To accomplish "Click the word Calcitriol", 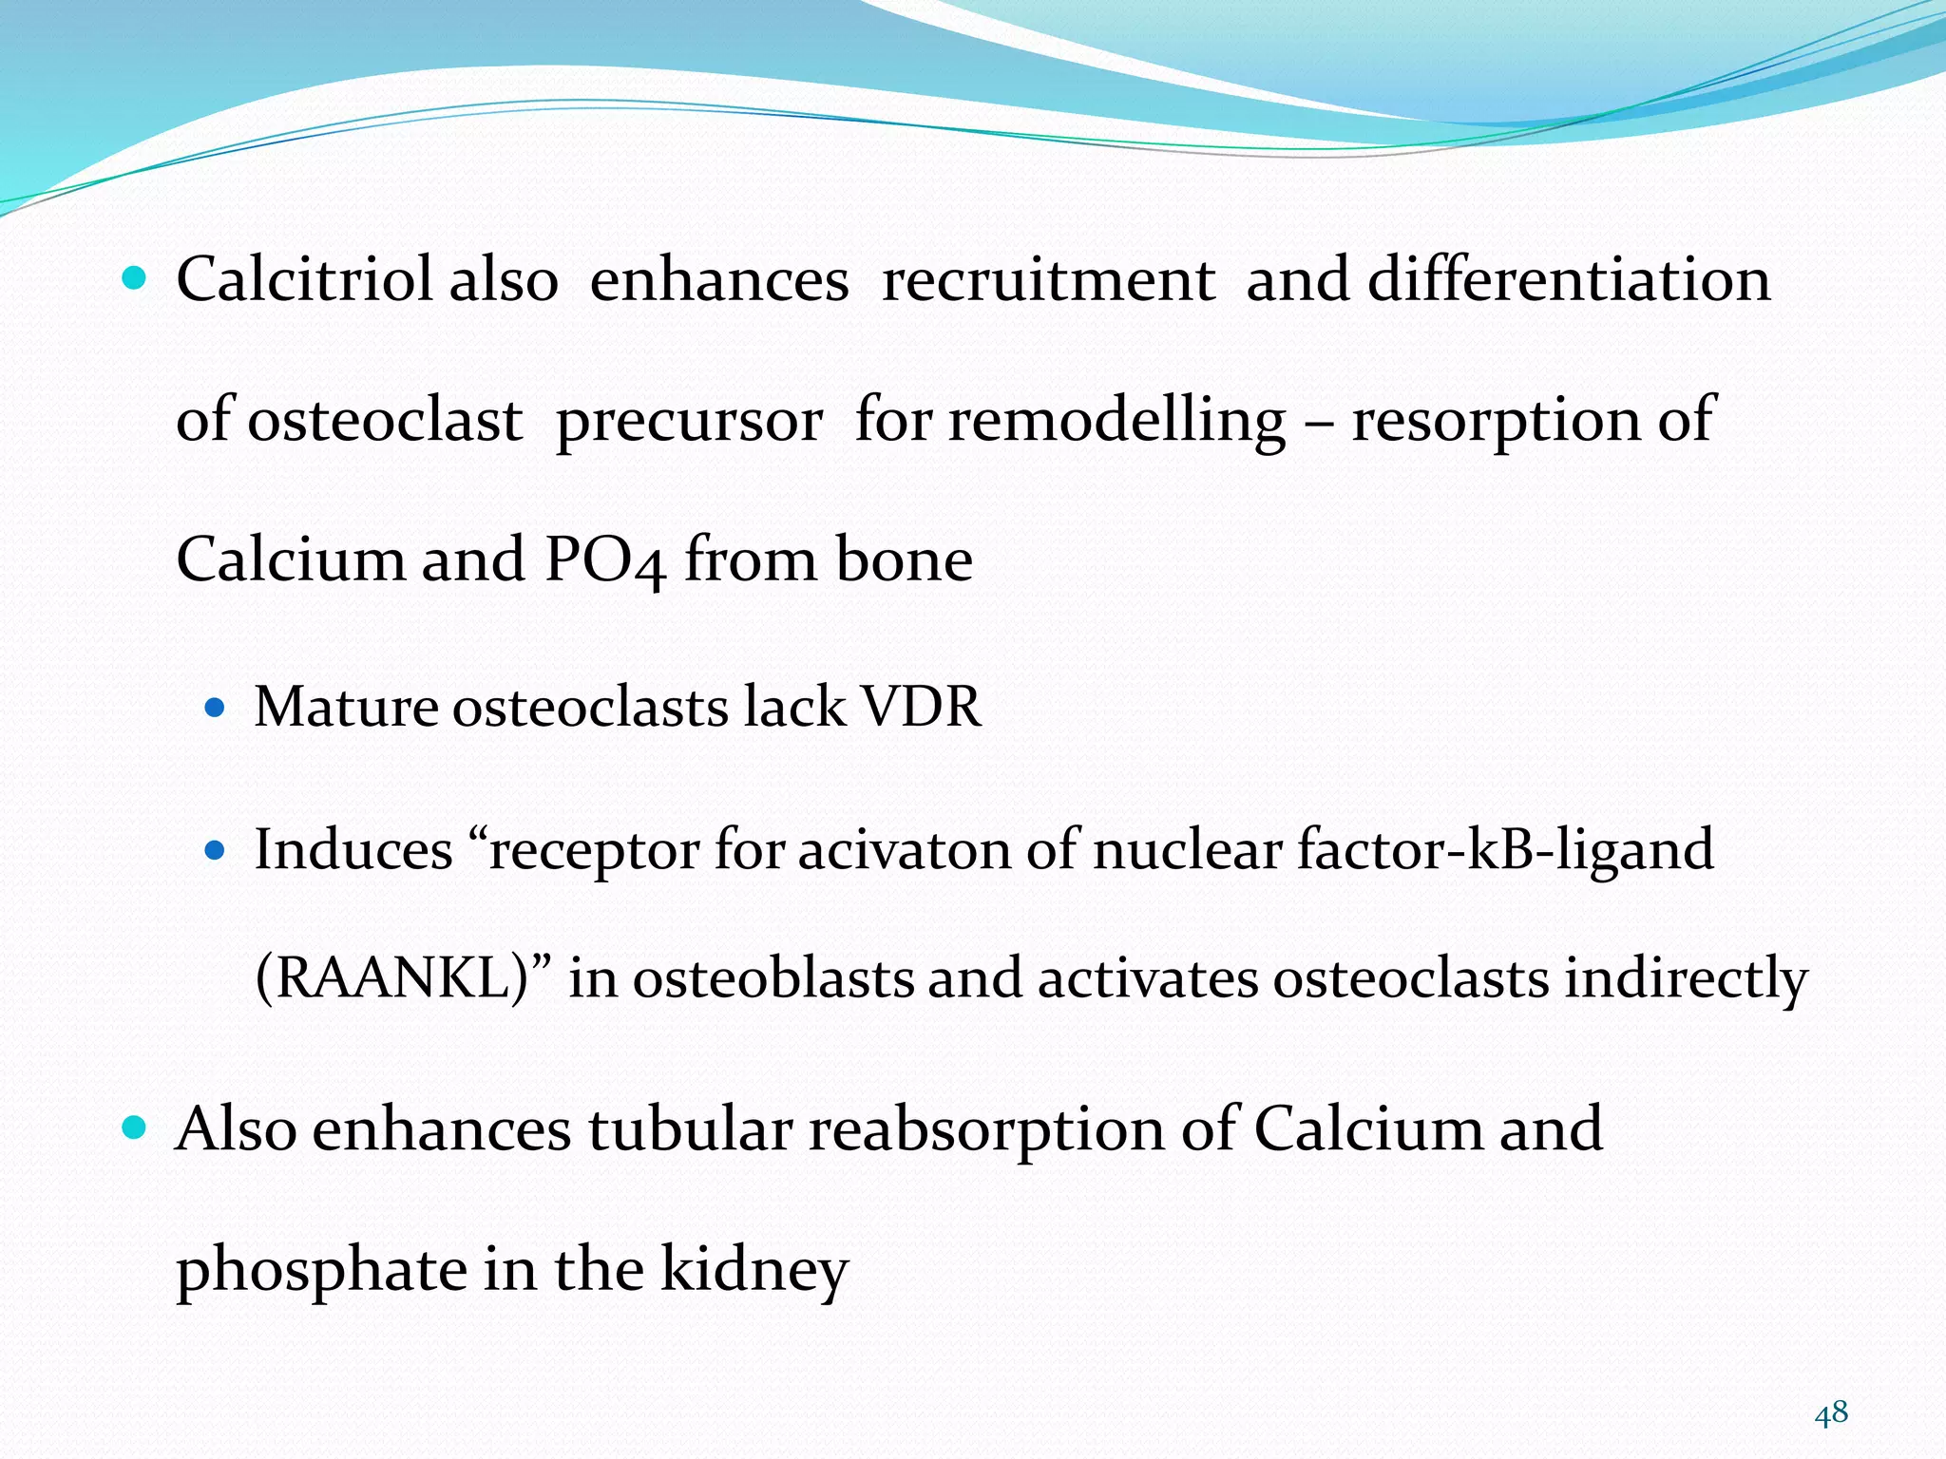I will point(304,280).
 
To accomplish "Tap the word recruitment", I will point(1048,280).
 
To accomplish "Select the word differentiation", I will point(1569,280).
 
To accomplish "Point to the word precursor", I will point(689,421).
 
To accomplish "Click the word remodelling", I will point(1117,421).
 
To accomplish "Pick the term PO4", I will point(605,560).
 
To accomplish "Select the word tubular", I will point(690,1129).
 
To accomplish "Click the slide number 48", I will point(1831,1413).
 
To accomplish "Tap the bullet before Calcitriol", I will point(135,278).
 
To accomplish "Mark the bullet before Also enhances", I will point(135,1127).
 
